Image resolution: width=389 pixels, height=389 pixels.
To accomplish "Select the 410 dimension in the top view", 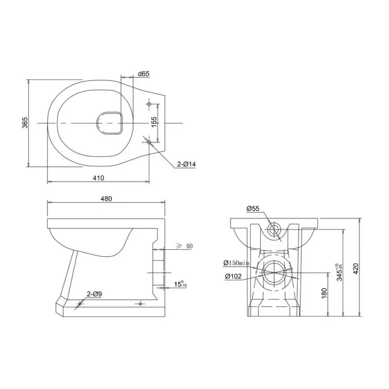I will click(x=98, y=178).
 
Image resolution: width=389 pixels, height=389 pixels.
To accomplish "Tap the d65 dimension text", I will click(x=144, y=74).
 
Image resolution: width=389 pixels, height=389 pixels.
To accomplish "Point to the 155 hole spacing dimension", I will click(x=155, y=122).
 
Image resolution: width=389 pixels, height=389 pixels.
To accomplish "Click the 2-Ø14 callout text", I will click(x=186, y=164).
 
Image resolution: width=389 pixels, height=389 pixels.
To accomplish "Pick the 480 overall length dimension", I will click(x=106, y=198).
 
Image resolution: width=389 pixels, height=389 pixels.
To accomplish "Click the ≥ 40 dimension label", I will click(x=185, y=246).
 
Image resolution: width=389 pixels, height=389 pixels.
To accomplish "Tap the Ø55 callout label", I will click(x=252, y=208).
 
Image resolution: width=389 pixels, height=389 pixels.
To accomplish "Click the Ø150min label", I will click(x=237, y=263).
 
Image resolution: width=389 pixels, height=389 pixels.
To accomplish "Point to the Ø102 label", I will click(x=233, y=276).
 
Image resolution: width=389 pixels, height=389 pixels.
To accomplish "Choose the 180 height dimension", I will click(x=324, y=294).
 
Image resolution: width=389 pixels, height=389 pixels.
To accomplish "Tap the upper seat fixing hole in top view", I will click(x=149, y=103).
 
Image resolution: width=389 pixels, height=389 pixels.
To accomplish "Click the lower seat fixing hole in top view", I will click(x=149, y=142).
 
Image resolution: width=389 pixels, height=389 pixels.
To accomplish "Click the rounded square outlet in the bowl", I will click(x=109, y=123).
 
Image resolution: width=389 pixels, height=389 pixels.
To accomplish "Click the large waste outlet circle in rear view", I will click(x=275, y=272).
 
